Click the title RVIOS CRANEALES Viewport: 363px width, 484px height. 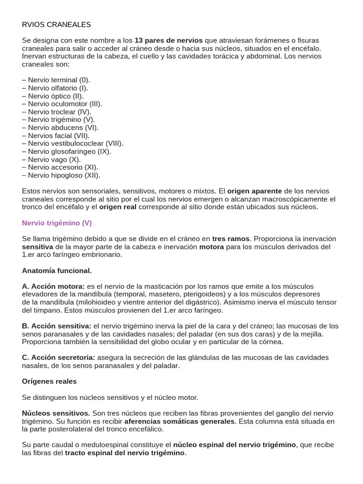pyautogui.click(x=56, y=24)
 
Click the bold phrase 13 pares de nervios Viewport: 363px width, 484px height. pyautogui.click(x=168, y=40)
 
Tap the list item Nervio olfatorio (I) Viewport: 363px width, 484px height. pyautogui.click(x=55, y=88)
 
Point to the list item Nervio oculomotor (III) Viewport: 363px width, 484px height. pyautogui.click(x=62, y=104)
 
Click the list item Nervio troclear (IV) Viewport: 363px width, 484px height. pyautogui.click(x=57, y=112)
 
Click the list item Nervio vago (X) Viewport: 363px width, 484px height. pyautogui.click(x=51, y=159)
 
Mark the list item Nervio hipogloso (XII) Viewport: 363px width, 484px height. pyautogui.click(x=61, y=175)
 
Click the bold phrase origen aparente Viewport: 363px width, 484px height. pyautogui.click(x=254, y=191)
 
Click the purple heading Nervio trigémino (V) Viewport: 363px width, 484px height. pyautogui.click(x=57, y=223)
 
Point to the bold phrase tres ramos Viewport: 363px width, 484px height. pyautogui.click(x=231, y=239)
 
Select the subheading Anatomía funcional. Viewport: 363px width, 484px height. pyautogui.click(x=57, y=270)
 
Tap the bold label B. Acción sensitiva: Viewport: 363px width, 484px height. pyautogui.click(x=57, y=326)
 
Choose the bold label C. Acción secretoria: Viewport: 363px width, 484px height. pyautogui.click(x=59, y=357)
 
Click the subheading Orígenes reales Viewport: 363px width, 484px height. pyautogui.click(x=49, y=381)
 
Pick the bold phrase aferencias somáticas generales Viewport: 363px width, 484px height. pyautogui.click(x=179, y=421)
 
